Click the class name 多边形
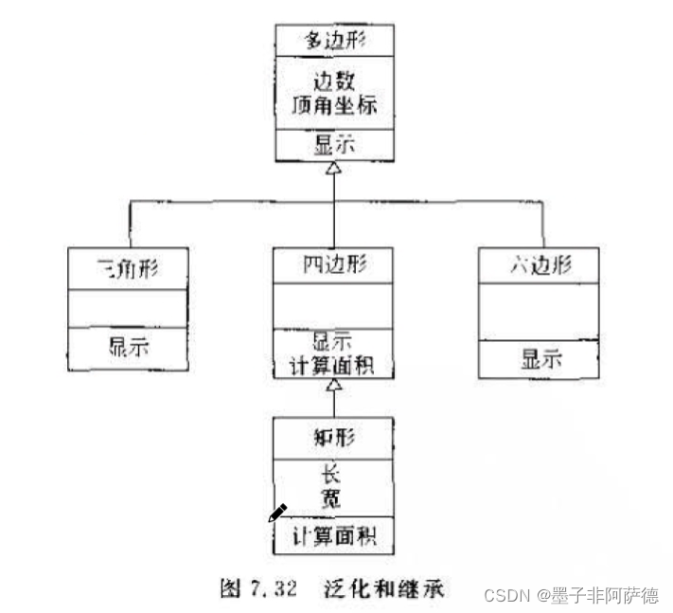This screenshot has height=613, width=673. click(x=333, y=41)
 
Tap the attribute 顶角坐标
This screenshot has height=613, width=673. click(x=333, y=105)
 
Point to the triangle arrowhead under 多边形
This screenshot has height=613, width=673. click(x=333, y=168)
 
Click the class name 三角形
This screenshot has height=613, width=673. click(x=128, y=267)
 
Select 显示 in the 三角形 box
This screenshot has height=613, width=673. click(x=128, y=346)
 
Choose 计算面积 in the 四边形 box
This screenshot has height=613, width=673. click(x=333, y=366)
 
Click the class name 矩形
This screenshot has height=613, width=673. click(x=333, y=437)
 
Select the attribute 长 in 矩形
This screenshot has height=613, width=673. click(x=333, y=475)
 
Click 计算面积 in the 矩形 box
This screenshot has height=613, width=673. click(x=333, y=537)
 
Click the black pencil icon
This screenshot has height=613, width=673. click(x=277, y=513)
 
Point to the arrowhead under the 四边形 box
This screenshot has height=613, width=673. click(x=333, y=387)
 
